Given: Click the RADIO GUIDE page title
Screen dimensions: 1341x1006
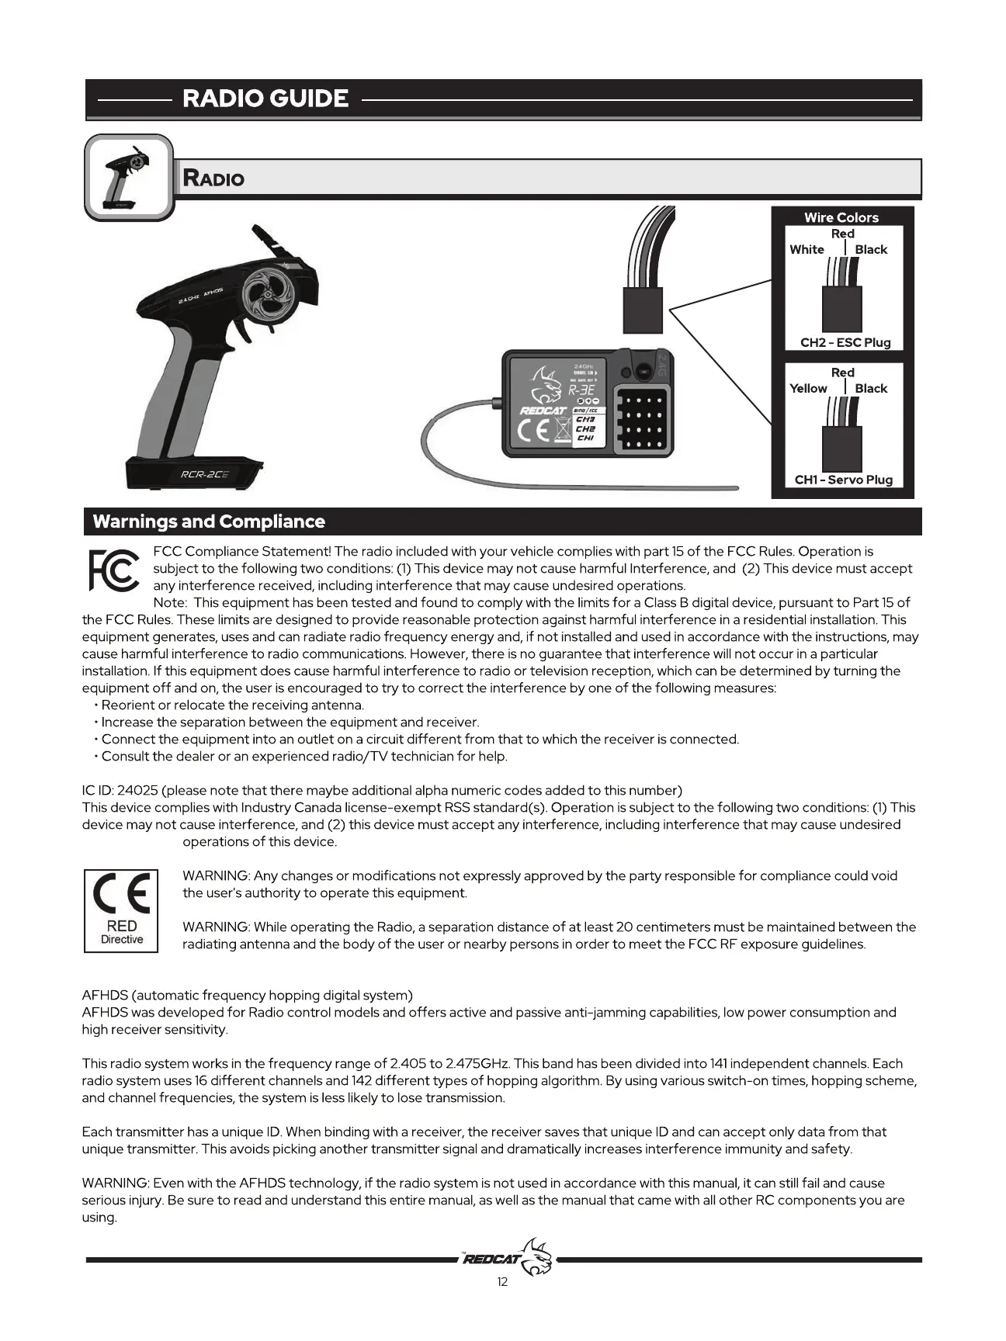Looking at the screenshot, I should tap(265, 99).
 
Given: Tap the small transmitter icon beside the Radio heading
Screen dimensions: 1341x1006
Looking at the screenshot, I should tap(128, 177).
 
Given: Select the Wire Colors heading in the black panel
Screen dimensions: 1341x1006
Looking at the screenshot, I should tap(841, 217).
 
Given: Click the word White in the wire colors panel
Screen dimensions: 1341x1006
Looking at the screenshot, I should tap(807, 249).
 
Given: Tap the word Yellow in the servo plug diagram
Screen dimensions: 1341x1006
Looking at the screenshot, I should tap(808, 388).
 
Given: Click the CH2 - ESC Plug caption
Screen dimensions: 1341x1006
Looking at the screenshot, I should tap(845, 342).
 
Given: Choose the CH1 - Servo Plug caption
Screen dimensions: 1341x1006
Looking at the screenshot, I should tap(844, 480).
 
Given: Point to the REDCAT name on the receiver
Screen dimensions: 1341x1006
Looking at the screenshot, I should tap(543, 410).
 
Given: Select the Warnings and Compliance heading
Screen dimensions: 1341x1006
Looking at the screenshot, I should tap(209, 521).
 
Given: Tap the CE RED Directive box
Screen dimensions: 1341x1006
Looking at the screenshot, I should tap(121, 910).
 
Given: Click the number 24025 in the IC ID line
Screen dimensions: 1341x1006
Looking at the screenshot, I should tap(137, 790).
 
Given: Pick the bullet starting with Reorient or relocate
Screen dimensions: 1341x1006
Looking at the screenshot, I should tap(232, 705).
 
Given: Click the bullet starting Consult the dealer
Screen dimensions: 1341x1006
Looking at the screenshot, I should tap(304, 756).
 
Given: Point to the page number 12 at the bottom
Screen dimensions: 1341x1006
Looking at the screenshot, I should tap(502, 1281).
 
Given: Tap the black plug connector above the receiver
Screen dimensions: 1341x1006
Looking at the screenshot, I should tap(643, 309).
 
